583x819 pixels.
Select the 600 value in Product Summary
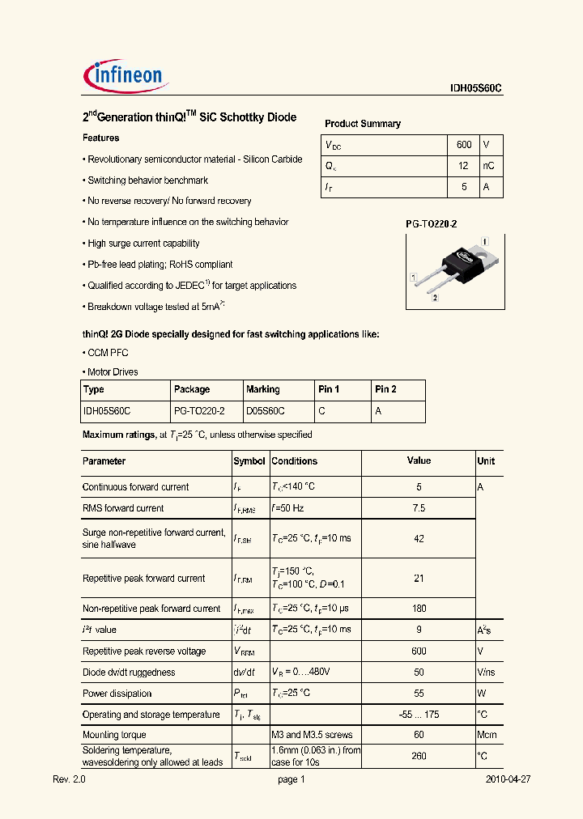point(464,145)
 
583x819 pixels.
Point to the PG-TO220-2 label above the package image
point(431,223)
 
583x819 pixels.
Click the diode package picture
point(454,270)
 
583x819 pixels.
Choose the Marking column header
point(263,389)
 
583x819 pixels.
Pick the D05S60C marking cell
point(265,411)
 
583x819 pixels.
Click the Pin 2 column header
point(385,389)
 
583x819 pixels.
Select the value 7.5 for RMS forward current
point(419,508)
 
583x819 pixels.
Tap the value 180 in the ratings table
point(419,609)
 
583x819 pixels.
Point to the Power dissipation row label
point(117,694)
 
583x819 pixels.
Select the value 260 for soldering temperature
point(419,756)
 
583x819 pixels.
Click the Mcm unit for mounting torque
point(487,735)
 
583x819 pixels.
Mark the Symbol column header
point(249,461)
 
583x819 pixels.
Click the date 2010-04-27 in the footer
point(508,779)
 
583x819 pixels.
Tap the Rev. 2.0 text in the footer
point(69,779)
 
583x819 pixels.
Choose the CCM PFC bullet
point(107,353)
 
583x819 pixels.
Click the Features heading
point(100,138)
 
